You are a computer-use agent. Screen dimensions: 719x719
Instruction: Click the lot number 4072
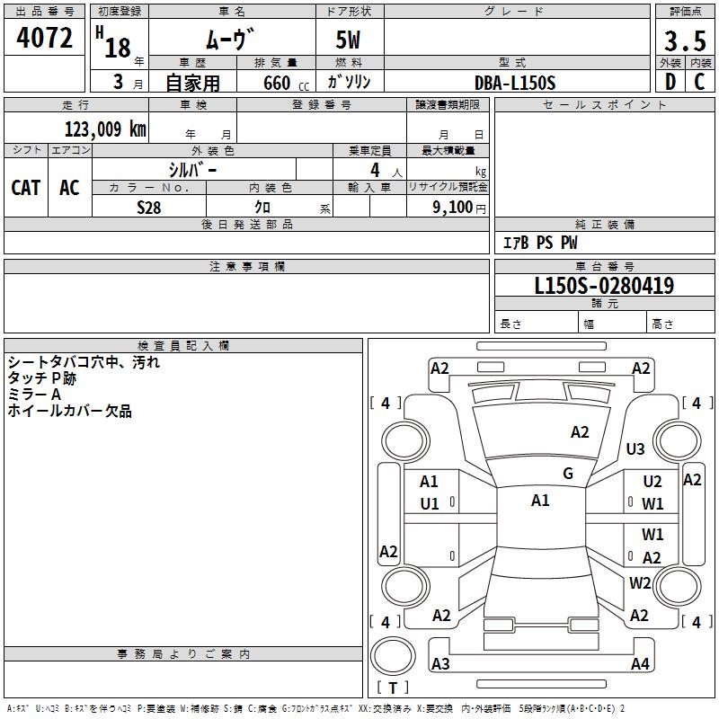(x=45, y=39)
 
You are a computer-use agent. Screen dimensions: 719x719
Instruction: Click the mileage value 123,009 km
(x=105, y=129)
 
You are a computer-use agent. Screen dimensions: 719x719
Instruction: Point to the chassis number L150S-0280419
(x=604, y=286)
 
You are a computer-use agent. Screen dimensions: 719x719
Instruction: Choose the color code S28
(x=149, y=206)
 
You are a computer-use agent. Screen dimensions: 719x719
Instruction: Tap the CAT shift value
(x=26, y=187)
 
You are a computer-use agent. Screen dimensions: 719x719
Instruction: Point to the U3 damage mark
(x=635, y=448)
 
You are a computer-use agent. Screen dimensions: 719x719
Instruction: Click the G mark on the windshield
(x=568, y=474)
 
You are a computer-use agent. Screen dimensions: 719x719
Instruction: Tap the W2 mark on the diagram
(x=640, y=582)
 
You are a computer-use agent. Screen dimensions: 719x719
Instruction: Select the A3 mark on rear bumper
(x=440, y=663)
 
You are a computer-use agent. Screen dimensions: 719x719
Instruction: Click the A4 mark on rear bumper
(x=640, y=663)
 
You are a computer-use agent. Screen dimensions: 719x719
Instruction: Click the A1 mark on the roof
(x=540, y=501)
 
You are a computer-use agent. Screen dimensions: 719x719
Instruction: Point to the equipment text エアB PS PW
(x=539, y=243)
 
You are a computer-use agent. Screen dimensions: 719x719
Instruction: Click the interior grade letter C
(x=699, y=83)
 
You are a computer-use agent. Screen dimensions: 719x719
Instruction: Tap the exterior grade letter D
(x=670, y=83)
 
